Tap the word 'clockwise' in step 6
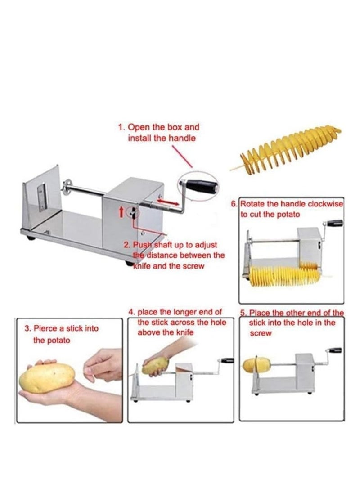click(x=326, y=204)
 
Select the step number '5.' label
click(x=243, y=313)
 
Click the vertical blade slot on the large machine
click(x=42, y=197)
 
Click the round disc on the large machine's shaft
click(x=68, y=185)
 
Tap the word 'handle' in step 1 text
click(x=182, y=139)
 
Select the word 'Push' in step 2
click(x=142, y=245)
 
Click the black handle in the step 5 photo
click(x=334, y=350)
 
